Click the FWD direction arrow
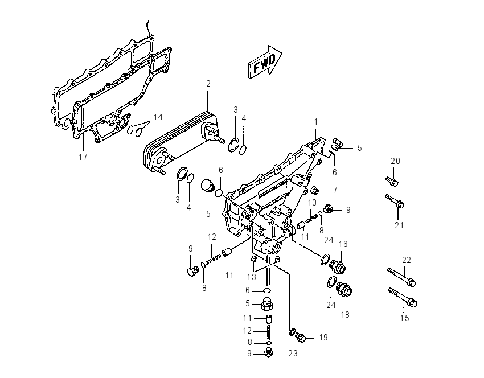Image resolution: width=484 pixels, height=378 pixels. pyautogui.click(x=265, y=61)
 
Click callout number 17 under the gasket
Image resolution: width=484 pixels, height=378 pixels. pyautogui.click(x=83, y=157)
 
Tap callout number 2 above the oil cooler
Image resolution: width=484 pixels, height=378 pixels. pyautogui.click(x=208, y=84)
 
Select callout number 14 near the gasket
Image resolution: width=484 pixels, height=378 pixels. pyautogui.click(x=158, y=117)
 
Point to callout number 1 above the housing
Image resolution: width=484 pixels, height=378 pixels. pyautogui.click(x=316, y=122)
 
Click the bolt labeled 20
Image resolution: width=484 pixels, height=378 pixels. pyautogui.click(x=392, y=181)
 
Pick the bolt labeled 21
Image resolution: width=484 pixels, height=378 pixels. pyautogui.click(x=395, y=200)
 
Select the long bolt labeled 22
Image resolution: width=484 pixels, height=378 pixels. pyautogui.click(x=402, y=277)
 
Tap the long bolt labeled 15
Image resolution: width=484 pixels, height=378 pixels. pyautogui.click(x=403, y=297)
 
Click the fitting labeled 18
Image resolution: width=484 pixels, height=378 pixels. pyautogui.click(x=344, y=290)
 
